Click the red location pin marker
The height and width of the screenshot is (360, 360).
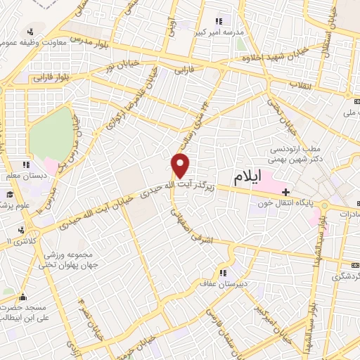[x=181, y=165]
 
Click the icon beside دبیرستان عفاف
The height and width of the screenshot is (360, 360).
[x=223, y=274]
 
